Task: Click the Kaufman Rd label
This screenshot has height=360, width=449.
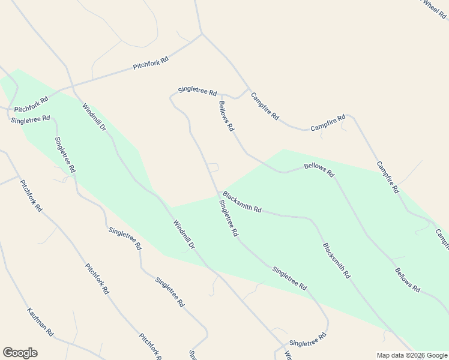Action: click(x=41, y=322)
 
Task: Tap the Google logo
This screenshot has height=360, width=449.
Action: click(x=20, y=353)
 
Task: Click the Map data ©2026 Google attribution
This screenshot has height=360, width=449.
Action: click(x=412, y=355)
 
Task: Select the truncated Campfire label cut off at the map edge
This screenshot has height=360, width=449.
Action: click(x=442, y=238)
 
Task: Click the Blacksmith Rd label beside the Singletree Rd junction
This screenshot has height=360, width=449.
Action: click(x=242, y=202)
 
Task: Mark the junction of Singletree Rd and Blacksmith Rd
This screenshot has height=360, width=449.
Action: click(x=218, y=194)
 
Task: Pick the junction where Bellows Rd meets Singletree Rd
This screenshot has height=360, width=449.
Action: click(x=221, y=95)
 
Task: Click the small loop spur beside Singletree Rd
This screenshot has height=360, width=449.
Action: click(x=212, y=167)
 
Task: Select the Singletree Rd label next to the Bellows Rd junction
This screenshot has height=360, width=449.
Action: click(x=197, y=91)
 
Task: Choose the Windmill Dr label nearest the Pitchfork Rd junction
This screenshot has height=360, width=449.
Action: click(x=94, y=117)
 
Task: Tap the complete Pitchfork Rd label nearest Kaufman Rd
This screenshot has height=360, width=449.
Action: click(x=97, y=278)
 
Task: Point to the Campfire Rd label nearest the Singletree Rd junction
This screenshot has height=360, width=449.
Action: click(x=265, y=106)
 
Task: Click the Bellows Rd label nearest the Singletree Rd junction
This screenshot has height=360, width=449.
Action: click(x=226, y=116)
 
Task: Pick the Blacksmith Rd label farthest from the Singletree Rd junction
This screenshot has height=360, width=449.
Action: click(x=336, y=260)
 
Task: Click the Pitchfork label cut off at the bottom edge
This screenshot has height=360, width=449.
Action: click(x=151, y=347)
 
